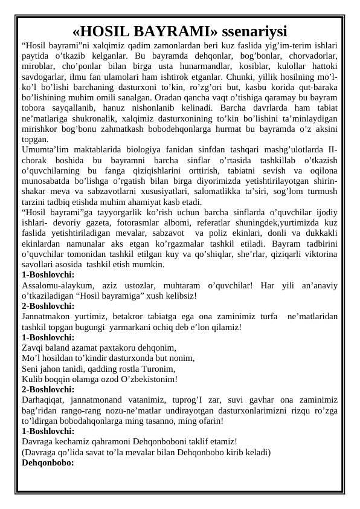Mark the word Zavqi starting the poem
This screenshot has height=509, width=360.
point(32,348)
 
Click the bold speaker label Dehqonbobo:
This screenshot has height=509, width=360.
point(47,462)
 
